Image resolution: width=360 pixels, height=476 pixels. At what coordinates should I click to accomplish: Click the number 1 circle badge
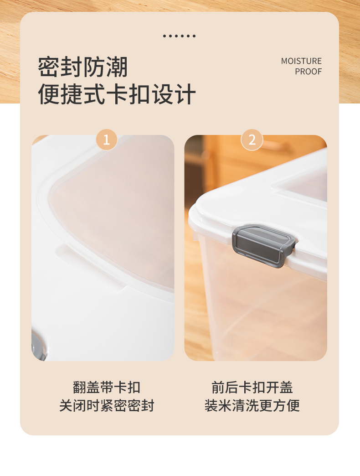coord(107,140)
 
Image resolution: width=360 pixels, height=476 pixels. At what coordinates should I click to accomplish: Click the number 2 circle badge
coord(252,140)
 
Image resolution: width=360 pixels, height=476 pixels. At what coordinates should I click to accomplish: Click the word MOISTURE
coord(301,61)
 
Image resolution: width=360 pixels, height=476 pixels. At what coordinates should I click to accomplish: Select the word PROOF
coord(308,72)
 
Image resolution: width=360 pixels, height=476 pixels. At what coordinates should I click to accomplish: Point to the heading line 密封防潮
coord(83,67)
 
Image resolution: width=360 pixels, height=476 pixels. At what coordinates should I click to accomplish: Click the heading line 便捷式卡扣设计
coord(117,94)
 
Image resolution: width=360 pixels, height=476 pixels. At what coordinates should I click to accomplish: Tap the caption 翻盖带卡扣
coord(107,388)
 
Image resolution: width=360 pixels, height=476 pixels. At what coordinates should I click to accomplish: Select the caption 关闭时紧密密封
coord(107,405)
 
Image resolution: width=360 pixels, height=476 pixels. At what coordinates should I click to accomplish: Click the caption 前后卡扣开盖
coord(252,388)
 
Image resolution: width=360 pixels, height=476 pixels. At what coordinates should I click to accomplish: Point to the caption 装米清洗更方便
coord(252,405)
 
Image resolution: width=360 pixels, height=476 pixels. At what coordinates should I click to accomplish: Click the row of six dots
coord(179,36)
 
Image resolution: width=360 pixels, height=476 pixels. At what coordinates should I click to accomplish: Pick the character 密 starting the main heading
coord(48,67)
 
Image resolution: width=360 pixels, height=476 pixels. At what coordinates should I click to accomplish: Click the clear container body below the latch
coord(264,310)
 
